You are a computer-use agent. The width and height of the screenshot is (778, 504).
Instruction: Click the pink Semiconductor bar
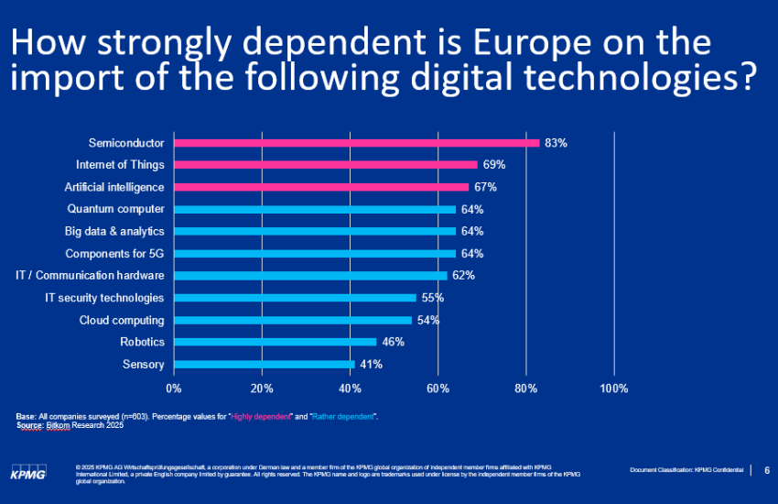tap(356, 143)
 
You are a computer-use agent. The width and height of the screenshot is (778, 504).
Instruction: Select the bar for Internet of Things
tap(325, 165)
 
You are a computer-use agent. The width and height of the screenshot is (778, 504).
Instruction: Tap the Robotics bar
tap(275, 342)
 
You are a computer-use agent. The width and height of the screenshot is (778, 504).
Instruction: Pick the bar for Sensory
tap(264, 364)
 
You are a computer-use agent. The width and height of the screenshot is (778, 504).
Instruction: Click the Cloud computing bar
tap(292, 320)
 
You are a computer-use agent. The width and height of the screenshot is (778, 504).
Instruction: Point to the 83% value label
tap(556, 143)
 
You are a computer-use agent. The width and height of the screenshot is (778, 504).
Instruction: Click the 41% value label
tap(371, 364)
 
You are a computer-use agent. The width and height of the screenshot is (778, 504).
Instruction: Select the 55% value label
tap(433, 298)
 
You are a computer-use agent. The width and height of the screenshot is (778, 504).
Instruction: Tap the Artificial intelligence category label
tap(114, 187)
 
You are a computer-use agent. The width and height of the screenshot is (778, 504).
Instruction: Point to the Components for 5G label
tap(114, 254)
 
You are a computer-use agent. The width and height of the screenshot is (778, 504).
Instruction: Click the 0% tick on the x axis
tap(174, 389)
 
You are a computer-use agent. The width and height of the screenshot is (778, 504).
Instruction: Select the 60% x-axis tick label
tap(438, 389)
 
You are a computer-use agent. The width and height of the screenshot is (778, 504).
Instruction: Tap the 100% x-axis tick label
tap(613, 389)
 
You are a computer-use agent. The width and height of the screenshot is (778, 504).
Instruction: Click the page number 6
tap(766, 470)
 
